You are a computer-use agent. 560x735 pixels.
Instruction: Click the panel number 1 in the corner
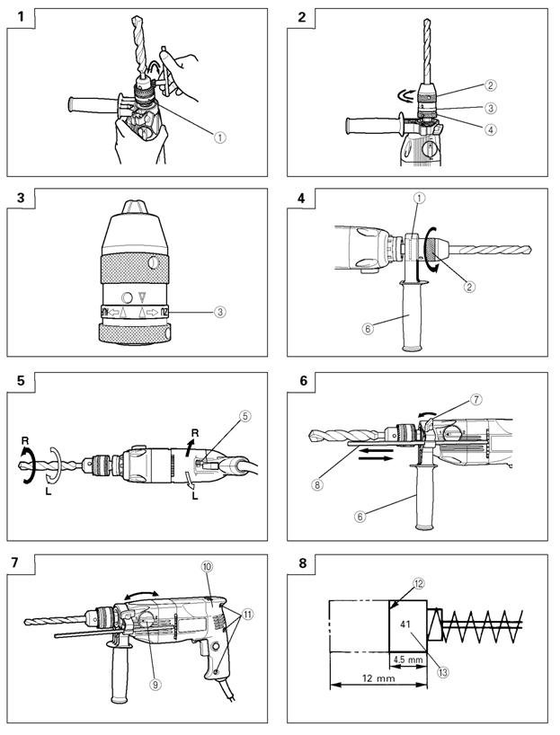click(21, 17)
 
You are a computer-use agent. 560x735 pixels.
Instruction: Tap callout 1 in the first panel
click(219, 137)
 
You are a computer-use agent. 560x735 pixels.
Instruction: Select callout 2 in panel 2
click(491, 84)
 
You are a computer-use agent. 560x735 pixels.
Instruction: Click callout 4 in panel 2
click(491, 129)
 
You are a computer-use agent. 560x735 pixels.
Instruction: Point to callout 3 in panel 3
click(220, 311)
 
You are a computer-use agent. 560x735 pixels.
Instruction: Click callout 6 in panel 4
click(368, 329)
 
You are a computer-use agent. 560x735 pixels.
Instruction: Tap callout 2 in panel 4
click(469, 286)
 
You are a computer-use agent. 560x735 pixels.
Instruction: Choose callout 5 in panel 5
click(244, 416)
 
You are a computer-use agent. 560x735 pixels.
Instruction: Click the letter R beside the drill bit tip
click(25, 440)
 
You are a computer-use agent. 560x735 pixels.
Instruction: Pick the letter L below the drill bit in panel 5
click(49, 492)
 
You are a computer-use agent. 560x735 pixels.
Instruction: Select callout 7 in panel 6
click(476, 399)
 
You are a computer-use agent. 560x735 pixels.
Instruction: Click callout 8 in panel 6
click(317, 484)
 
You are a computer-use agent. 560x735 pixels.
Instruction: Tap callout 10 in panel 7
click(207, 566)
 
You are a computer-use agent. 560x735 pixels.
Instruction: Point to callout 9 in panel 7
click(155, 685)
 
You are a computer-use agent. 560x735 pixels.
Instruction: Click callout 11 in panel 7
click(247, 614)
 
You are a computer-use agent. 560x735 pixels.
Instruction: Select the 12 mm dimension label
click(378, 677)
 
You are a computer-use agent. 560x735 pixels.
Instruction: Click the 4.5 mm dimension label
click(407, 660)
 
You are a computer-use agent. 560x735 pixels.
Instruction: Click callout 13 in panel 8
click(442, 672)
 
